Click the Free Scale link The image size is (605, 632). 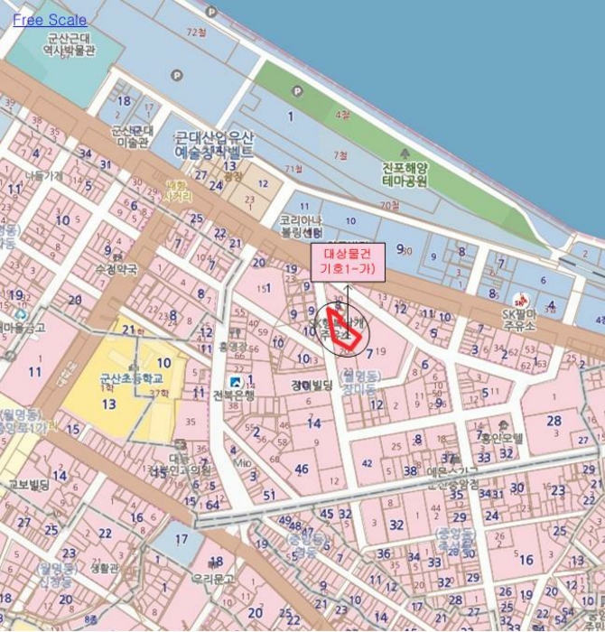click(50, 20)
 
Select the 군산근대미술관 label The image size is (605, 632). click(131, 135)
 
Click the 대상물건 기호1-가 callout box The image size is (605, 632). click(348, 261)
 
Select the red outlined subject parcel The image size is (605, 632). click(346, 330)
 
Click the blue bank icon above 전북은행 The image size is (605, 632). click(237, 380)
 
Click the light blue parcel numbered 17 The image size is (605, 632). click(181, 540)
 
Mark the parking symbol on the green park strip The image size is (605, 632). click(297, 90)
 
